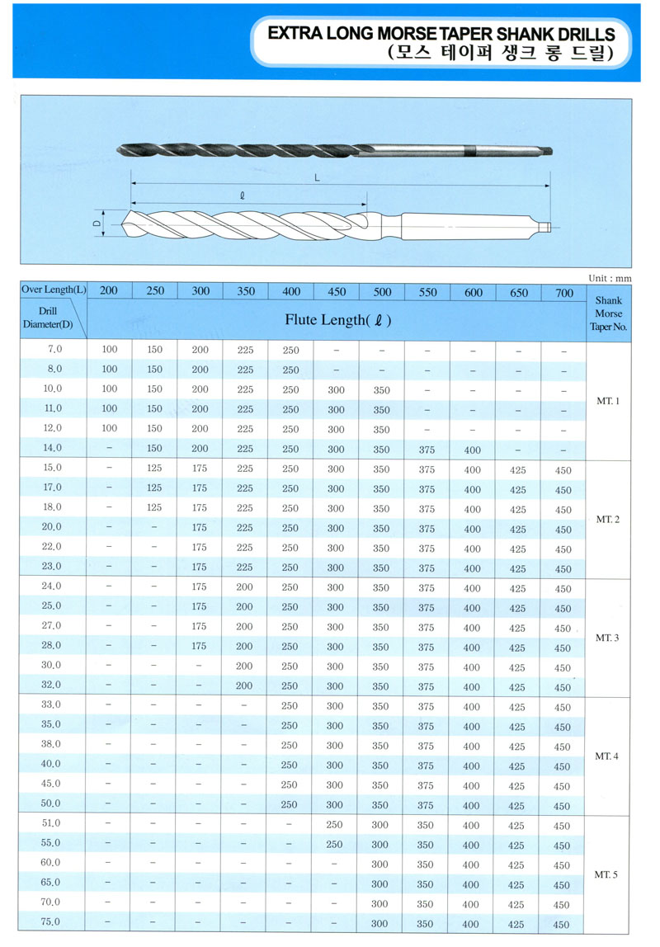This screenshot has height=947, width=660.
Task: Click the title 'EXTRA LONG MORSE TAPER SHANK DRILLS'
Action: [442, 35]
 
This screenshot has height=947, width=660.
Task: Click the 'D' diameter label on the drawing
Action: [96, 223]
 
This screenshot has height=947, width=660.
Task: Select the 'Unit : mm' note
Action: [610, 279]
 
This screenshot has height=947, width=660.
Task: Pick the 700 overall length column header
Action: [564, 292]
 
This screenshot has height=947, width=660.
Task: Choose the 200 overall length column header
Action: [109, 291]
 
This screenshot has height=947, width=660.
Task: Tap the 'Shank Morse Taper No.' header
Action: [609, 313]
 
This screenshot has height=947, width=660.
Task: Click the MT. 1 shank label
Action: [608, 402]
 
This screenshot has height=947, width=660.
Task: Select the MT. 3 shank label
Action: [608, 638]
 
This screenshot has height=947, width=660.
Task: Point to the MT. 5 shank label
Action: [608, 874]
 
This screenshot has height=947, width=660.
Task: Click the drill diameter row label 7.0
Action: [53, 350]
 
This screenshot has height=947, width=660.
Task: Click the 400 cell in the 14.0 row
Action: [472, 450]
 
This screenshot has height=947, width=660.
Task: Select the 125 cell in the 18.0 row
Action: [154, 508]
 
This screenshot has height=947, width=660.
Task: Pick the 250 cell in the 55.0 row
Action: [334, 845]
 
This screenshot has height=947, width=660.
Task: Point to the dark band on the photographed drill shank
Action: [470, 150]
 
